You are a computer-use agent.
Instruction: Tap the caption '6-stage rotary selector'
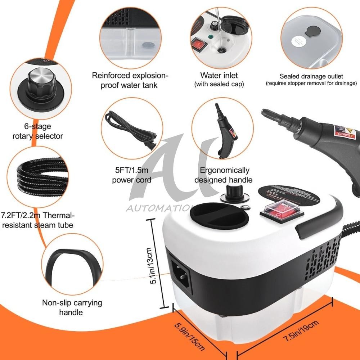pos(37,131)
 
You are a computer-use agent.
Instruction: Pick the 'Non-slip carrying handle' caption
pos(72,307)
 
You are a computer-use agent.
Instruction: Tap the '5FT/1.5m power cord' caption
pos(131,175)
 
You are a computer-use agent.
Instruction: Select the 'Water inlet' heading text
pos(219,76)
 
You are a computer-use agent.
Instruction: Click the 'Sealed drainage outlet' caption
pos(311,76)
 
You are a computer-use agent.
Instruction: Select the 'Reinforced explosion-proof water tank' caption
pos(130,80)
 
